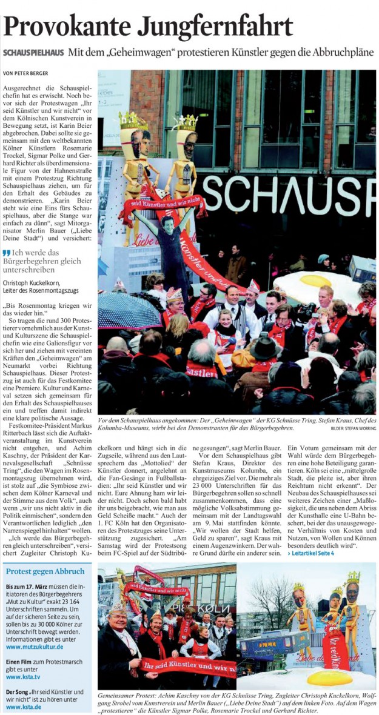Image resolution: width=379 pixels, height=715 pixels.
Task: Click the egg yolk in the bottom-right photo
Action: click(x=331, y=676)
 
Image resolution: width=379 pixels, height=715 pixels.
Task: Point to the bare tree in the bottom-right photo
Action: click(x=270, y=600)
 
